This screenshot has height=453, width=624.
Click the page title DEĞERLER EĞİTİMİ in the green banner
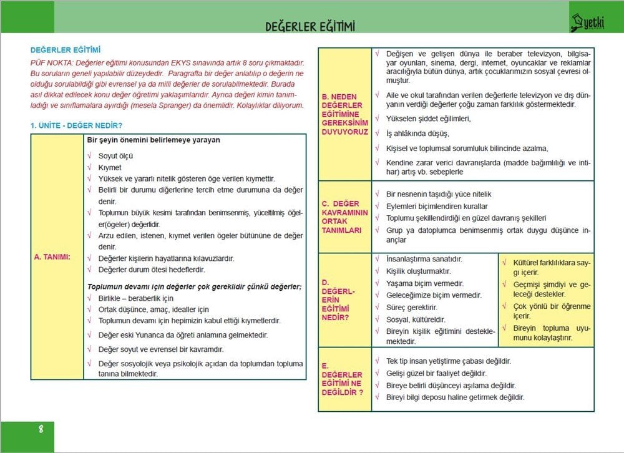310,26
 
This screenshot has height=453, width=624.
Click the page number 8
41,429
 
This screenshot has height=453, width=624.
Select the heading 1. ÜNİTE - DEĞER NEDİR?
76,125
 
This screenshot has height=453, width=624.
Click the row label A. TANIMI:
52,257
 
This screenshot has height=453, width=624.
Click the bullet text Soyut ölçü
115,156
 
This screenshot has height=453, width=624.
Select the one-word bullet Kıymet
110,167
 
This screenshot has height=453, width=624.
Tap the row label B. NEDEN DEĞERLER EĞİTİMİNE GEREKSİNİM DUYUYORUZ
344,114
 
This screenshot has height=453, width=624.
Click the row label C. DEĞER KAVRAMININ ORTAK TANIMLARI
344,217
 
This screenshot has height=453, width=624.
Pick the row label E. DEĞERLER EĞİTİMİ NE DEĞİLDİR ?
342,379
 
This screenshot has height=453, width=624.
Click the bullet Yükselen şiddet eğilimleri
428,119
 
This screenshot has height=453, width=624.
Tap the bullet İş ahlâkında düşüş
417,134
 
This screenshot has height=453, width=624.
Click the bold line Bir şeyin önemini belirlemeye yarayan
153,140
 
